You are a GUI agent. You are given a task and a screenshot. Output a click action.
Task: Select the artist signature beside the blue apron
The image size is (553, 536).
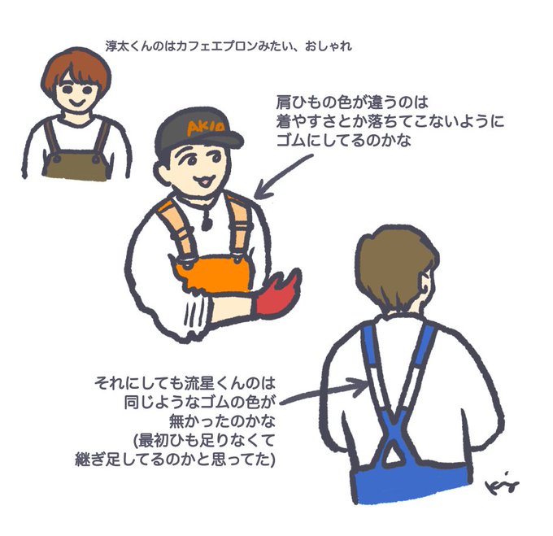tap(502, 485)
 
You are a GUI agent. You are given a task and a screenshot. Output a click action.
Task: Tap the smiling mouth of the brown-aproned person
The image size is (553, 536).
tap(76, 102)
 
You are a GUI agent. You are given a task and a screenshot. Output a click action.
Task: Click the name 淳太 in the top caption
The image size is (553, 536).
tap(117, 46)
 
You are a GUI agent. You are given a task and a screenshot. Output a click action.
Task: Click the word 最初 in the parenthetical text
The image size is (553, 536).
tap(154, 441)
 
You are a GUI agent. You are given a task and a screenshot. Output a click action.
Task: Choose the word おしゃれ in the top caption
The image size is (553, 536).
tap(329, 46)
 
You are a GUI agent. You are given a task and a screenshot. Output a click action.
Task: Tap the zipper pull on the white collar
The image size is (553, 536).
tap(206, 221)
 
